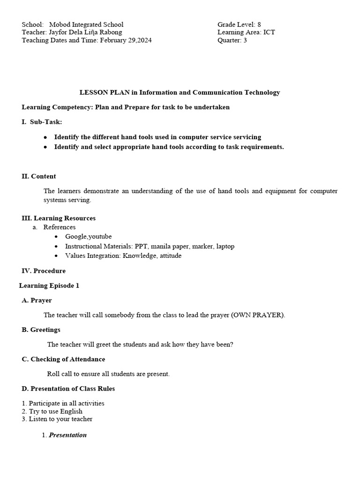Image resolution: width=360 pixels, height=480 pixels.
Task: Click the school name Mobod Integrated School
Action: (x=86, y=24)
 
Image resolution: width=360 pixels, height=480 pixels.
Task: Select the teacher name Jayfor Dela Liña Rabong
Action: (x=85, y=32)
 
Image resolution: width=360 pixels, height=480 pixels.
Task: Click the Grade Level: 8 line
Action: (x=239, y=24)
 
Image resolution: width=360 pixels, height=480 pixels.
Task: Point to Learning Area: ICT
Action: (x=246, y=32)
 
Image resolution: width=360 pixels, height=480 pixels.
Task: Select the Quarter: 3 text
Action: (x=232, y=40)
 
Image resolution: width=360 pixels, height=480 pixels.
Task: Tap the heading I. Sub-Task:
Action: (x=42, y=122)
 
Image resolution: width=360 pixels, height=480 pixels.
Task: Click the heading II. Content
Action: (x=39, y=176)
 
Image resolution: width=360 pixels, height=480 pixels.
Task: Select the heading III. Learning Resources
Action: (x=59, y=218)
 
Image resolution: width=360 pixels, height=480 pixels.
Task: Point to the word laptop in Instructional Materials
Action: (x=224, y=246)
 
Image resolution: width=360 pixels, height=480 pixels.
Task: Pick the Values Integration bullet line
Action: (x=123, y=256)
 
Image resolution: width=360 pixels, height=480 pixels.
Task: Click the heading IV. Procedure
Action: (x=44, y=271)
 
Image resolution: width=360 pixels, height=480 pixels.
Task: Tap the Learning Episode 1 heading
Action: (x=49, y=285)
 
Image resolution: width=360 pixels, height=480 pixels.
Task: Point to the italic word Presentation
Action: (x=68, y=435)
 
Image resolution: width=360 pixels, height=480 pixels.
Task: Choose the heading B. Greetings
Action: (x=41, y=330)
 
